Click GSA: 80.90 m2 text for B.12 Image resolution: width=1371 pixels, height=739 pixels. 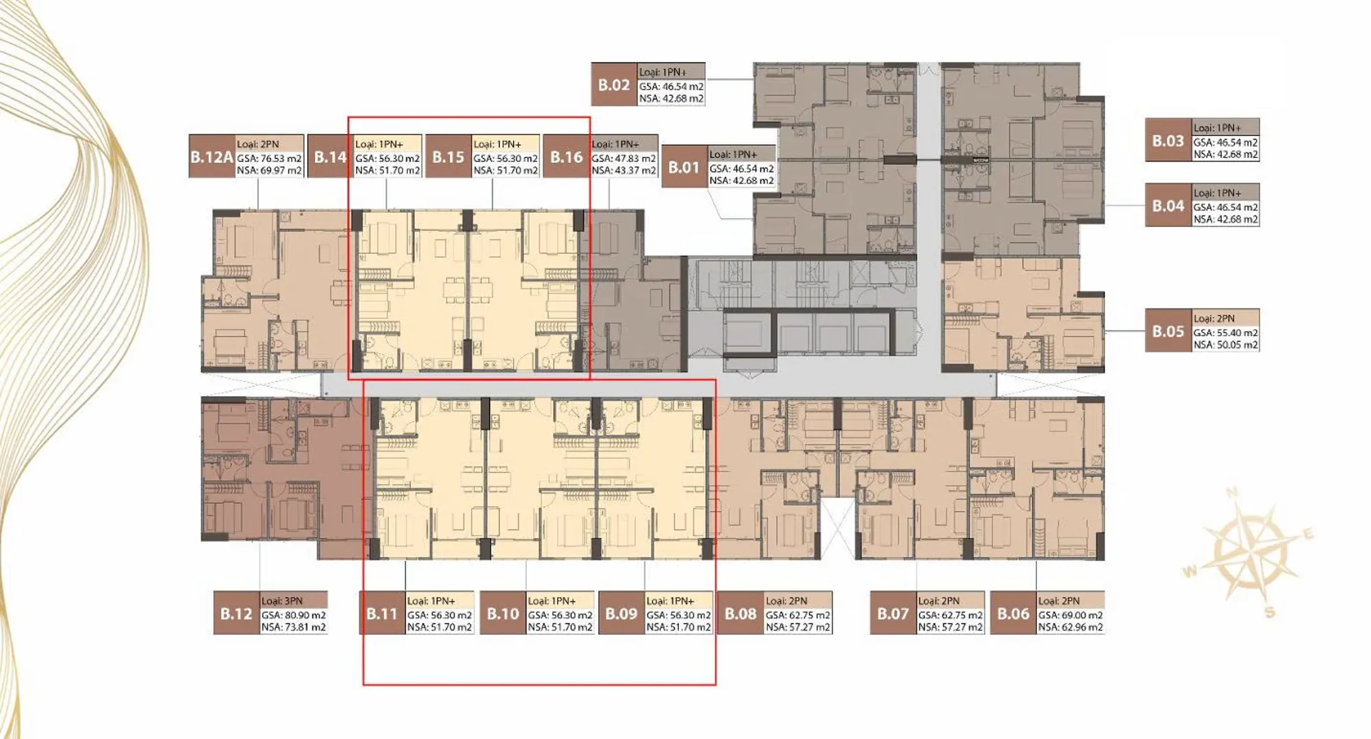tap(294, 615)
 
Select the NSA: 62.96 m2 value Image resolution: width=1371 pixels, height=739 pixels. tap(1071, 627)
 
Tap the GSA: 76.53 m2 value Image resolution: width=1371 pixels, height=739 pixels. tap(270, 158)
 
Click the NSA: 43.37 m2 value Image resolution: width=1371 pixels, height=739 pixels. tap(624, 170)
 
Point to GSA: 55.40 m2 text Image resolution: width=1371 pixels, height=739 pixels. tap(1226, 333)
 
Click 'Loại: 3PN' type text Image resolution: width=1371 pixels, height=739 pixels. tap(282, 601)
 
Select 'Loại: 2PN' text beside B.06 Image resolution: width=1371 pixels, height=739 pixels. tap(1059, 601)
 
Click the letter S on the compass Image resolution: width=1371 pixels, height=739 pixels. tap(1270, 612)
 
